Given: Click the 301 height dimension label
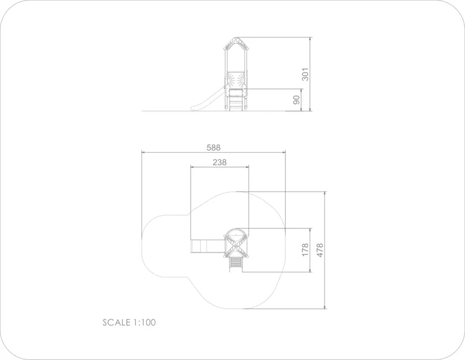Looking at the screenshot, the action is point(305,74).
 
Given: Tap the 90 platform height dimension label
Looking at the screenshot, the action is point(296,100).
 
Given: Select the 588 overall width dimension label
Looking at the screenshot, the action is point(214,147).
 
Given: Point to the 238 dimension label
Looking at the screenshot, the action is point(219,162).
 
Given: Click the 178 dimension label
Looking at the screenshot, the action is point(305,250).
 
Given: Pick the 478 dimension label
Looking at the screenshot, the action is point(320,250).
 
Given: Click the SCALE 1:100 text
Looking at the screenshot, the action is point(129,322).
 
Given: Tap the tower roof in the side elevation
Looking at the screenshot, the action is point(236,44).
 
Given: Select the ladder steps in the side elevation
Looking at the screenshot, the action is point(236,100).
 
